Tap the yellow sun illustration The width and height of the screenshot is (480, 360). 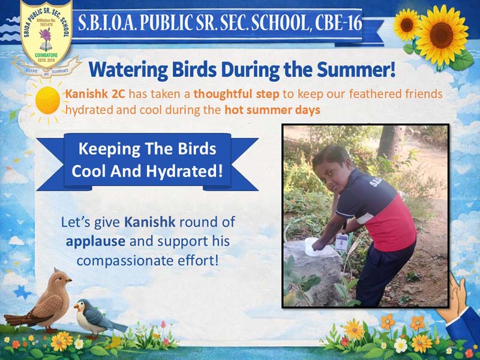pos(47,100)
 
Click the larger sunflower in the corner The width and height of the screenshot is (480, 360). pos(442,35)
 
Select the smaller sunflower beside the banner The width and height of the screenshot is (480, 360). pos(406,25)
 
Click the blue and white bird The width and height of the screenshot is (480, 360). pos(98,319)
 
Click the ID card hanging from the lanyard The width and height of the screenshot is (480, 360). pos(341,242)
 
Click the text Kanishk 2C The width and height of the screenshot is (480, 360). pos(95,94)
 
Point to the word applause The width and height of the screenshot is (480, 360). pos(95,242)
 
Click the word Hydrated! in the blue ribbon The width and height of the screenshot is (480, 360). pos(184,172)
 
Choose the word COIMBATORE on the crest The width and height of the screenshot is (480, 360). pos(46,55)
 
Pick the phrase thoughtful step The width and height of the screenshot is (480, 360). pos(236,94)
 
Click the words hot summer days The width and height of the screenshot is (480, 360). pos(272,110)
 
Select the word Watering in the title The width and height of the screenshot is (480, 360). pos(128,70)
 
